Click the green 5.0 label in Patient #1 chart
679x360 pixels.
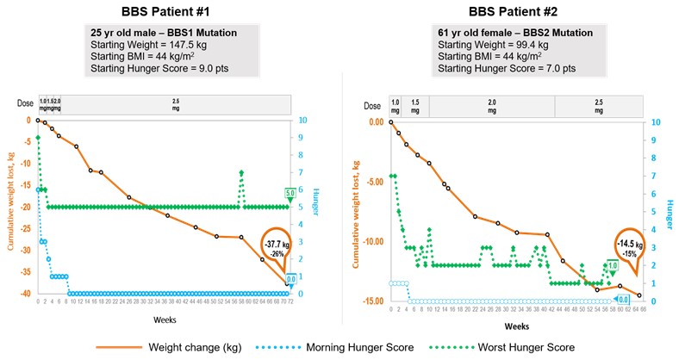coord(290,193)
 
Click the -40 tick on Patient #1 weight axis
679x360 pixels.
coord(23,294)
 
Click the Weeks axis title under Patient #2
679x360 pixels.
coord(516,326)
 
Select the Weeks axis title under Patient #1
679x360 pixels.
coord(162,318)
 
